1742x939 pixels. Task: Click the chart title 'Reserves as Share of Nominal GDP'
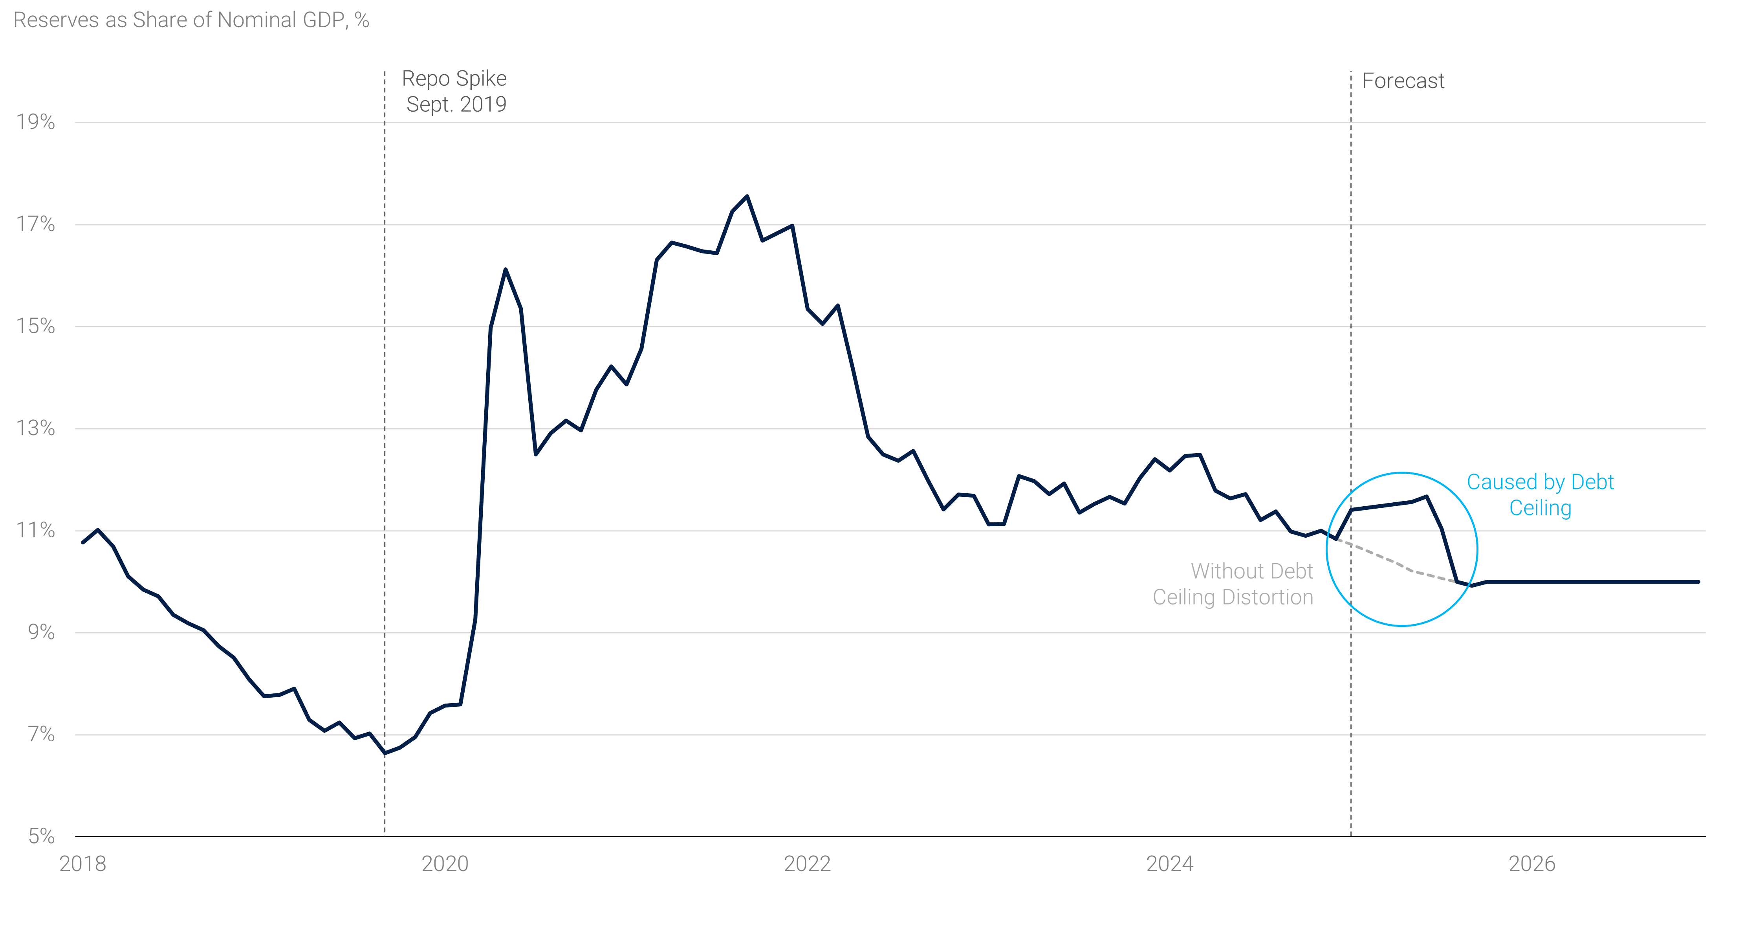191,20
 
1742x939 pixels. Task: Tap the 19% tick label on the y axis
36,123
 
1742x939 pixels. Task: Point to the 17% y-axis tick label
36,224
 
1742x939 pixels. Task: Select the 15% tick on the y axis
36,326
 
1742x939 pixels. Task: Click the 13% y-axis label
36,428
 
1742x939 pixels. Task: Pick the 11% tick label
36,530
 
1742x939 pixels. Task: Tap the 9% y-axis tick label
40,632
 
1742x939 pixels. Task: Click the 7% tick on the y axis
40,734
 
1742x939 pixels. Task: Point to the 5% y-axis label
40,836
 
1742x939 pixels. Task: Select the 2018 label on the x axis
82,864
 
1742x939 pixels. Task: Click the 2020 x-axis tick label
445,864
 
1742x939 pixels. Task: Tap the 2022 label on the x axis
808,864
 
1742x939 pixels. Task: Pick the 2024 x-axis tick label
1170,864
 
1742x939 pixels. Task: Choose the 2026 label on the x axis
1532,864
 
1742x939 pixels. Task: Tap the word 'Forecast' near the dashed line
1403,81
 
